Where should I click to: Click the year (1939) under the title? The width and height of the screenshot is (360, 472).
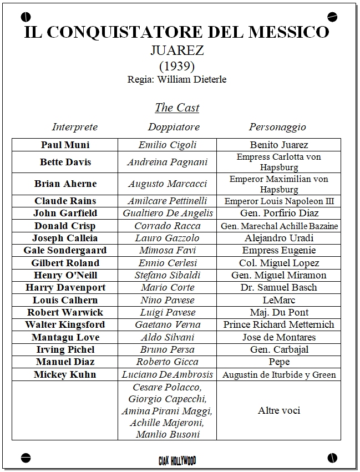pyautogui.click(x=177, y=65)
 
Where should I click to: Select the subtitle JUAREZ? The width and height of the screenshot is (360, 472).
pyautogui.click(x=177, y=50)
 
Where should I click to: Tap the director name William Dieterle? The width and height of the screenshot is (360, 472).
pyautogui.click(x=192, y=79)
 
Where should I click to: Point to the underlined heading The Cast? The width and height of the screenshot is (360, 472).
pyautogui.click(x=177, y=108)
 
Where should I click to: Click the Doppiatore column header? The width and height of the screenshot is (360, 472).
pyautogui.click(x=174, y=127)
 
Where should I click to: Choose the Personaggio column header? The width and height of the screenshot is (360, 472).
pyautogui.click(x=277, y=127)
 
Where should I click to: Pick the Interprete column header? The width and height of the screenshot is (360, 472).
pyautogui.click(x=75, y=127)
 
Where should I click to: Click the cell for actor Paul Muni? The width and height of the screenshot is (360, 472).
pyautogui.click(x=65, y=145)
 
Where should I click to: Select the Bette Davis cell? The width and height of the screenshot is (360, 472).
pyautogui.click(x=65, y=162)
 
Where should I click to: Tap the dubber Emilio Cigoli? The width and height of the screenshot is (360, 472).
pyautogui.click(x=168, y=145)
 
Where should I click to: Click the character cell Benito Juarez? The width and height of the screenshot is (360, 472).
pyautogui.click(x=279, y=145)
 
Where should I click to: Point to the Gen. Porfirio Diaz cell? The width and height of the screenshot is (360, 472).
pyautogui.click(x=279, y=213)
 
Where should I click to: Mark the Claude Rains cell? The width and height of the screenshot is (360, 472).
pyautogui.click(x=65, y=201)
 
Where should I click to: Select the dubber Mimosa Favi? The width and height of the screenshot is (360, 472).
pyautogui.click(x=168, y=250)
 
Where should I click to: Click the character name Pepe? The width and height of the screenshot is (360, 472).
pyautogui.click(x=279, y=362)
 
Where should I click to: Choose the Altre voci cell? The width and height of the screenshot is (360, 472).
pyautogui.click(x=279, y=410)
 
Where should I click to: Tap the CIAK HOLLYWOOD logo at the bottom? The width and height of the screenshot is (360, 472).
pyautogui.click(x=177, y=460)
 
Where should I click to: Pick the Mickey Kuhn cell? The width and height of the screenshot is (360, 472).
pyautogui.click(x=65, y=374)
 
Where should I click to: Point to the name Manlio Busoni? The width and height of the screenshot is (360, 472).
pyautogui.click(x=168, y=434)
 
